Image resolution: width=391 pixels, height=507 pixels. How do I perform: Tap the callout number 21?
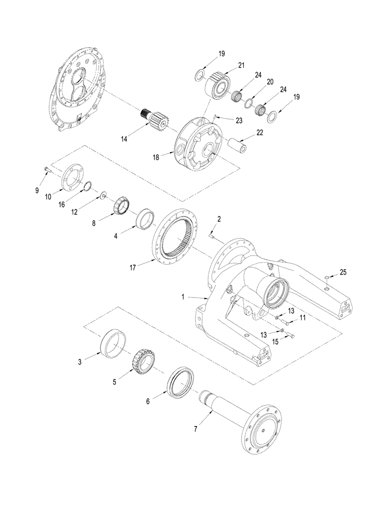[242, 65]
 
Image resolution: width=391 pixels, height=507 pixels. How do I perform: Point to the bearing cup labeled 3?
[114, 344]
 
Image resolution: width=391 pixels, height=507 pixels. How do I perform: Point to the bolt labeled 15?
[291, 335]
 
